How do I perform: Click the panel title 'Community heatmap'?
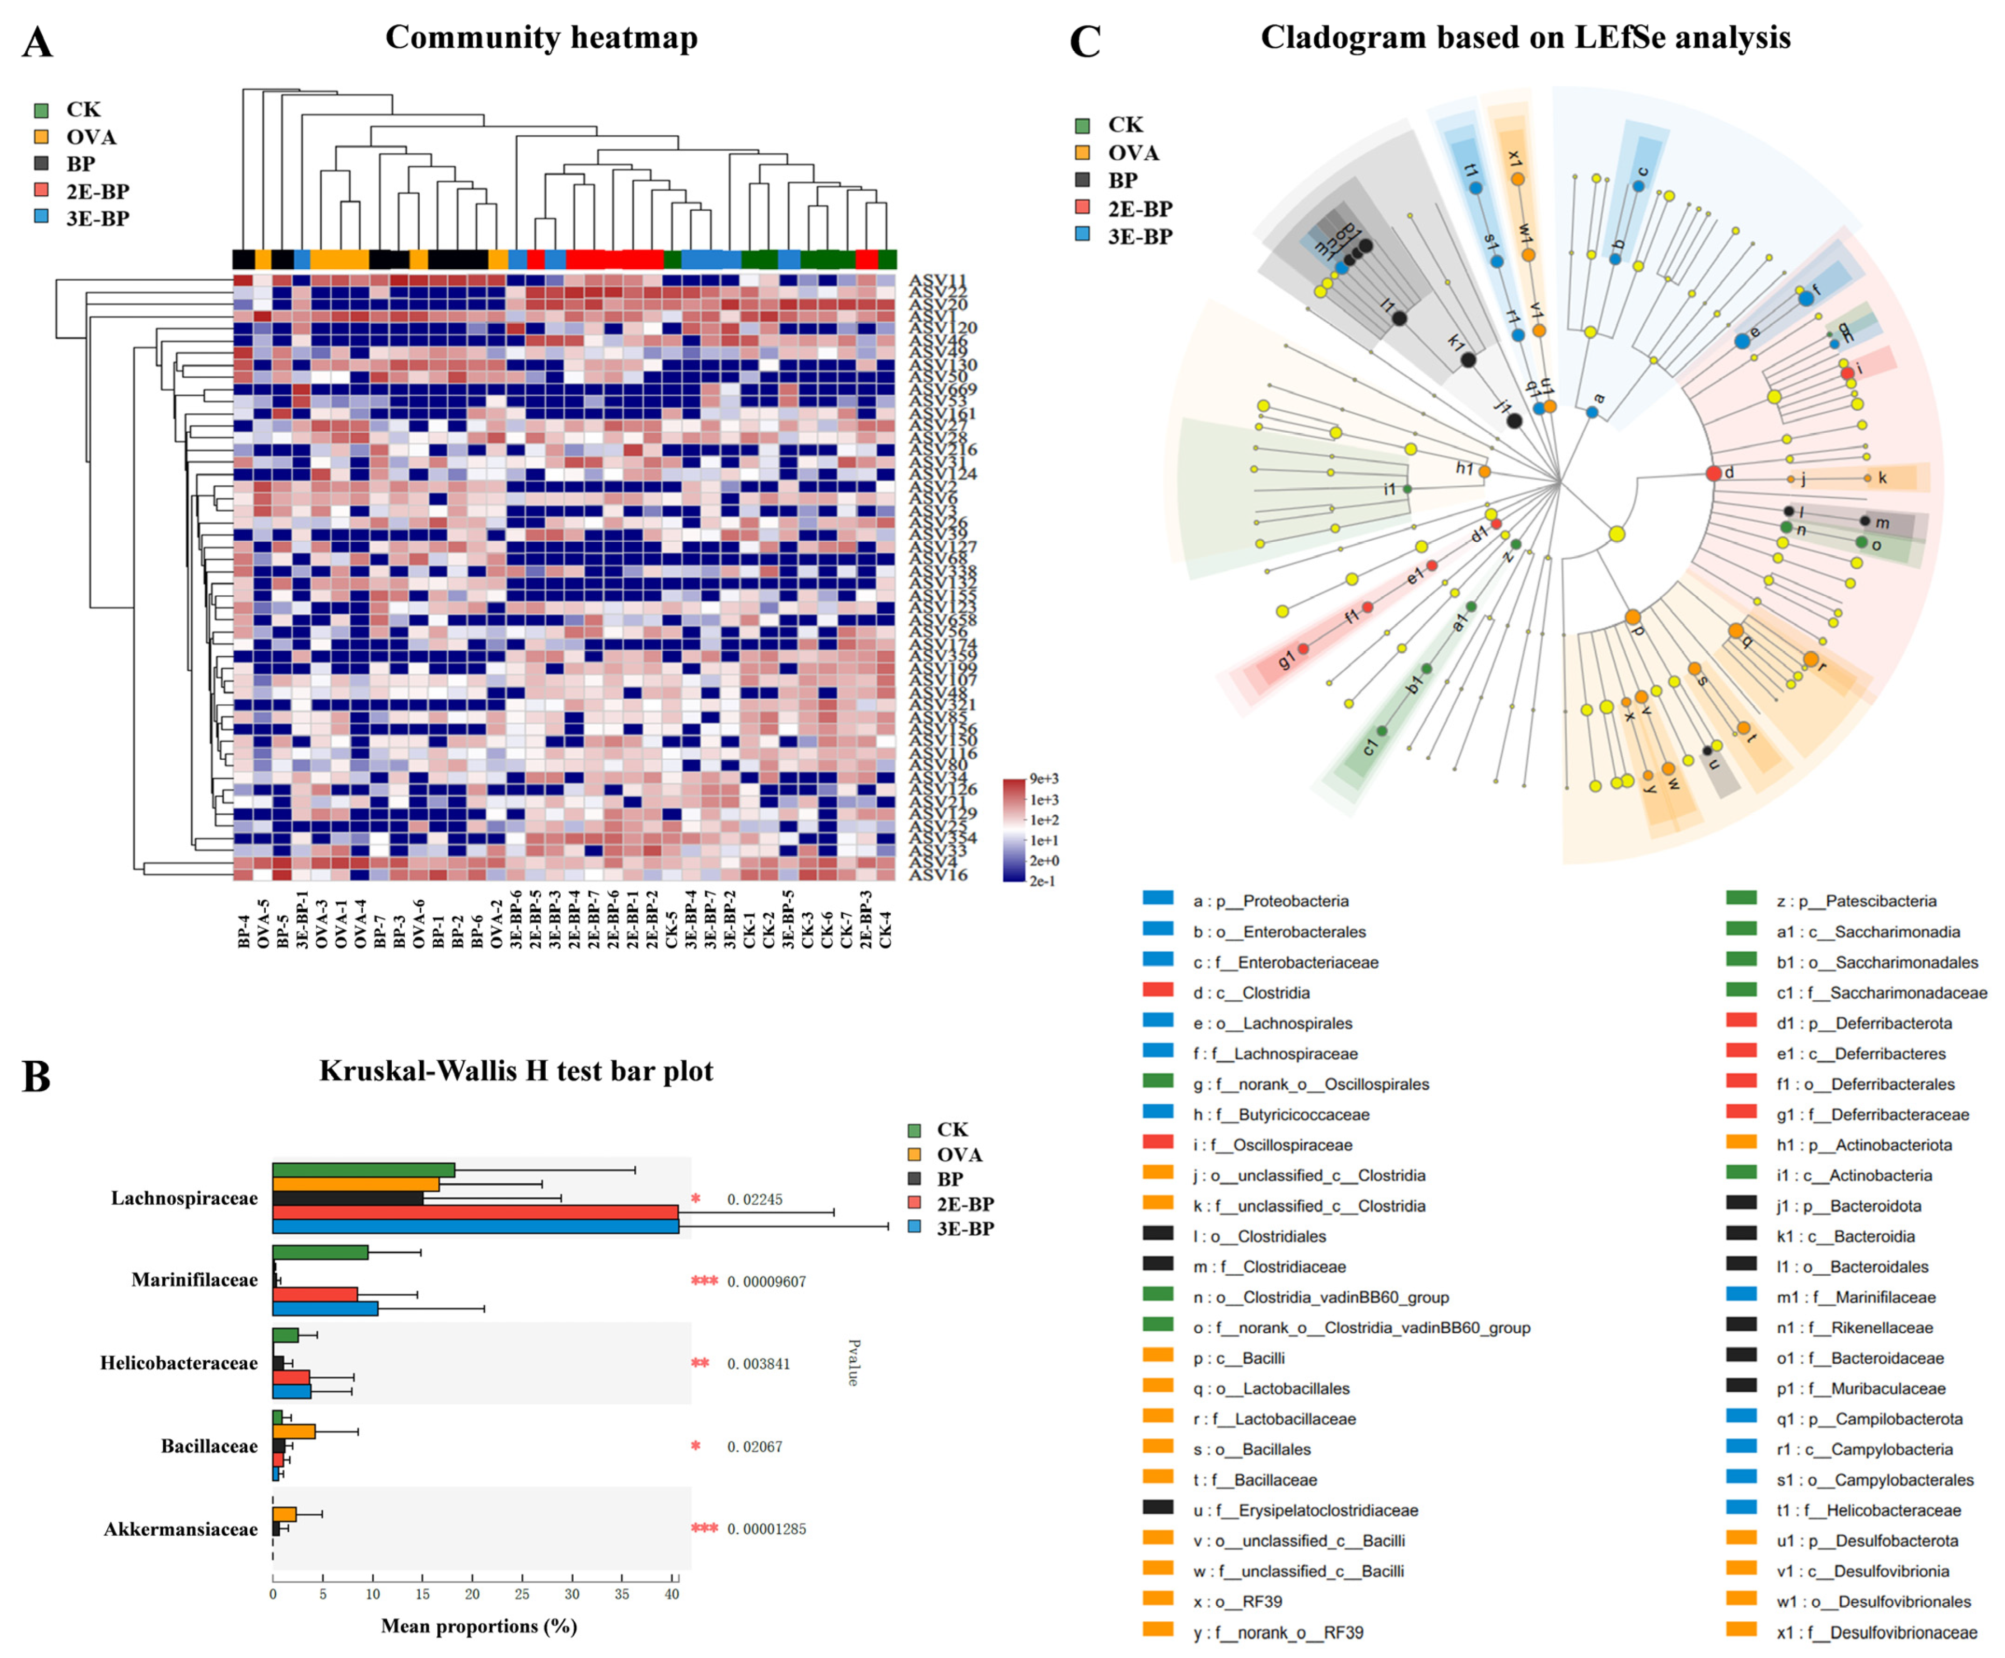[x=542, y=38]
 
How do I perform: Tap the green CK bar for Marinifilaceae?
[x=320, y=1252]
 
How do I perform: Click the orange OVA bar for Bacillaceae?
[x=293, y=1432]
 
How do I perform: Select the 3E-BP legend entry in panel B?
[x=964, y=1229]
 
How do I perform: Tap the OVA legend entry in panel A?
[x=91, y=137]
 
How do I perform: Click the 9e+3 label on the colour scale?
[x=1044, y=779]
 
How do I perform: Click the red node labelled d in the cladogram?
[x=1714, y=473]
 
